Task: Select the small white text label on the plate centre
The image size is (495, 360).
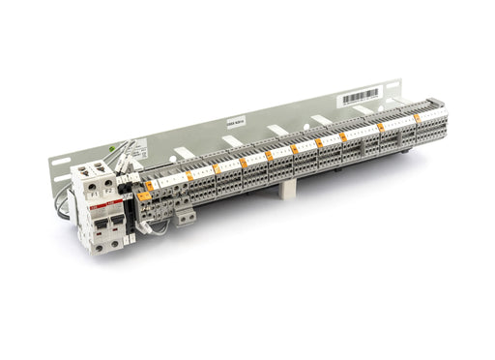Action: (x=235, y=122)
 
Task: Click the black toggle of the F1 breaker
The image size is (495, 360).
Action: (x=101, y=224)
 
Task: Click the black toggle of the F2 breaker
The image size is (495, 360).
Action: (x=118, y=222)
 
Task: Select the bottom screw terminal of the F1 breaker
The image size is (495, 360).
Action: (x=100, y=247)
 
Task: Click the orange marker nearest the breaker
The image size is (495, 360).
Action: (x=144, y=195)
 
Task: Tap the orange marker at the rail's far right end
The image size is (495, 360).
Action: (x=418, y=117)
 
